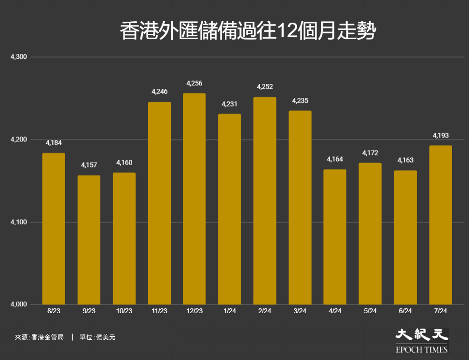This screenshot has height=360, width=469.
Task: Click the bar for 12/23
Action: click(x=194, y=199)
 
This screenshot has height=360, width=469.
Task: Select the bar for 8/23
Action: click(x=54, y=229)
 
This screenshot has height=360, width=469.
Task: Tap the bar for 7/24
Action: click(x=441, y=225)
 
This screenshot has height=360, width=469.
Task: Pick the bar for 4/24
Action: click(x=335, y=237)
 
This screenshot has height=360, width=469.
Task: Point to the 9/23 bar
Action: click(x=89, y=240)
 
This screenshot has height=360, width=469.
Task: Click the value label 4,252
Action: click(x=265, y=87)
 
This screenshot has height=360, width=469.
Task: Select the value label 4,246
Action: click(x=159, y=91)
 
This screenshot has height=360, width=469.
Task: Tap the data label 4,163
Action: click(x=405, y=160)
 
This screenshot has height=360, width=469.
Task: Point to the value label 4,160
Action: click(x=124, y=163)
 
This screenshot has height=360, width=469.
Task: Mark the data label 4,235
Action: click(x=300, y=101)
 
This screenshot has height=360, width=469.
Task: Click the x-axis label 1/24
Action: click(x=230, y=311)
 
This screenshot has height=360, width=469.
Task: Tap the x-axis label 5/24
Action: click(x=370, y=311)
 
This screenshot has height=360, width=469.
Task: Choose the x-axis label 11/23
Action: click(x=159, y=311)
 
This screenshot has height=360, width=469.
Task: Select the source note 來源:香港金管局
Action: click(x=39, y=337)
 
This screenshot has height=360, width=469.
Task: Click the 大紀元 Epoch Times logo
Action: click(x=422, y=340)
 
